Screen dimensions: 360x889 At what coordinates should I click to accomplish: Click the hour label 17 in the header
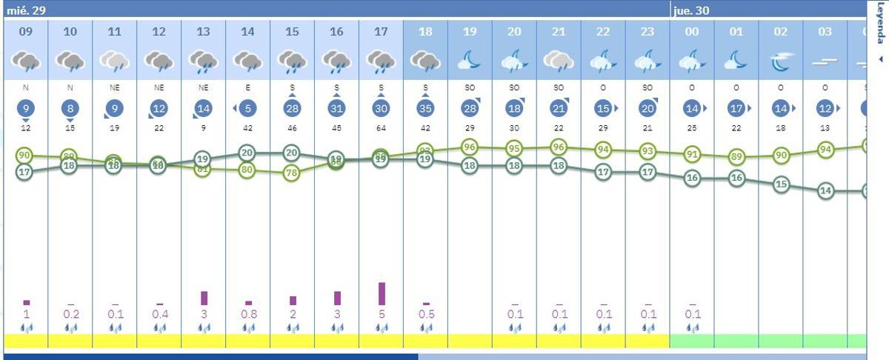381,32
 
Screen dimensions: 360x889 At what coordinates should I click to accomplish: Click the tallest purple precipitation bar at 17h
382,293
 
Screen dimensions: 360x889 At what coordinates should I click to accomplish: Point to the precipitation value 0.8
248,314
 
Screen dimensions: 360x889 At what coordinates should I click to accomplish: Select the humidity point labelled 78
292,173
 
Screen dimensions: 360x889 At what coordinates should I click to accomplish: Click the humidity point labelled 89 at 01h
736,157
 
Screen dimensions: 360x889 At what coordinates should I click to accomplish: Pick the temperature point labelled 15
781,184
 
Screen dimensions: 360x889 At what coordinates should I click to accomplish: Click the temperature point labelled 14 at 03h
825,190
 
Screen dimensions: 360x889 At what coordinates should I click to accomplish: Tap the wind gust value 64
381,128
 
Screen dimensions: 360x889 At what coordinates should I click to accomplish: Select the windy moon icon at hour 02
781,62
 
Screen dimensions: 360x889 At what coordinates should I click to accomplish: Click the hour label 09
26,32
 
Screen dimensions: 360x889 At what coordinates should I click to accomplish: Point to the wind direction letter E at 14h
247,88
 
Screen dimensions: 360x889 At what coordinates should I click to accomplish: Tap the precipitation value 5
382,314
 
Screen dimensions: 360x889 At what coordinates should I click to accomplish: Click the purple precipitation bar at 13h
204,298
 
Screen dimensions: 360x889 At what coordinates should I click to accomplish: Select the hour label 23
647,32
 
